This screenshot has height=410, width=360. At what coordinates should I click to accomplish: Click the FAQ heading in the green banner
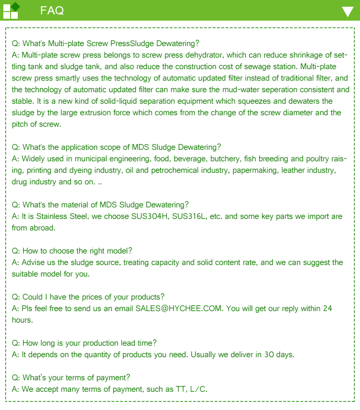52,11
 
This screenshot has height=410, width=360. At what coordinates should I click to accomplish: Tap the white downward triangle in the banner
348,12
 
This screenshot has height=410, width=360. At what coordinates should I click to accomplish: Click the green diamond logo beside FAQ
15,6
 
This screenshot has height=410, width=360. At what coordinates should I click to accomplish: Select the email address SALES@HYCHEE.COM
179,308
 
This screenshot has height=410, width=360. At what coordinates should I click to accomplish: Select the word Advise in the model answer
34,262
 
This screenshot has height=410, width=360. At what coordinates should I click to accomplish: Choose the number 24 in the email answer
327,308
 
